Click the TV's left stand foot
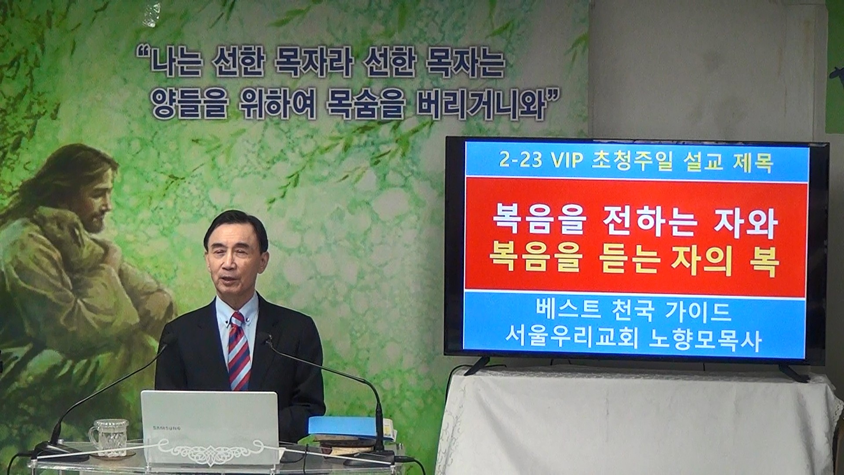(x=477, y=366)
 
